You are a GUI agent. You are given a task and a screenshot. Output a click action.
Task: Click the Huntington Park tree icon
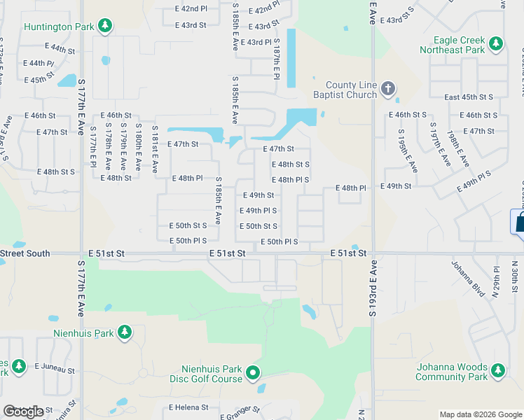(x=105, y=27)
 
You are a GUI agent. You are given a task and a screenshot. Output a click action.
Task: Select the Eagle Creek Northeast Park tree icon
(x=496, y=44)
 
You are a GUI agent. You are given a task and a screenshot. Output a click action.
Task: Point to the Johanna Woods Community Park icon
(x=497, y=370)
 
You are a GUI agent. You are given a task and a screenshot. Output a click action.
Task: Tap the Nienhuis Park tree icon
(x=125, y=332)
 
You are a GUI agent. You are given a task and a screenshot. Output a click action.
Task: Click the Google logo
(x=23, y=412)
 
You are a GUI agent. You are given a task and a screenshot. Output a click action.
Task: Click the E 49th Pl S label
(x=258, y=211)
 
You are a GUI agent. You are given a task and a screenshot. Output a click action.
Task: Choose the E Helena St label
(x=188, y=407)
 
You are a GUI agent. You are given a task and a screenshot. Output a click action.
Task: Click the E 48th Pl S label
(x=291, y=180)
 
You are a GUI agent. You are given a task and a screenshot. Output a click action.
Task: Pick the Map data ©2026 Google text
(x=481, y=414)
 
